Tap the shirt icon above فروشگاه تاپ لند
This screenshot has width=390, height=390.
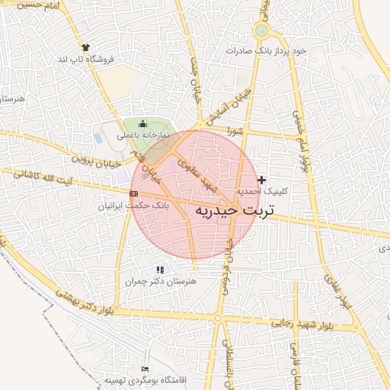pyautogui.click(x=85, y=47)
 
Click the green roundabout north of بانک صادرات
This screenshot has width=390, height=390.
pyautogui.click(x=262, y=31)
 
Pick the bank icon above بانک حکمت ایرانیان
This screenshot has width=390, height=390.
pyautogui.click(x=134, y=194)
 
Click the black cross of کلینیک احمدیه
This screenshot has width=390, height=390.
pyautogui.click(x=263, y=180)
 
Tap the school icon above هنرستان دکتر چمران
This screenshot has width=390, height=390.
pyautogui.click(x=160, y=270)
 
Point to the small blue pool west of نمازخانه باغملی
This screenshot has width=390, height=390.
pyautogui.click(x=98, y=139)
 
